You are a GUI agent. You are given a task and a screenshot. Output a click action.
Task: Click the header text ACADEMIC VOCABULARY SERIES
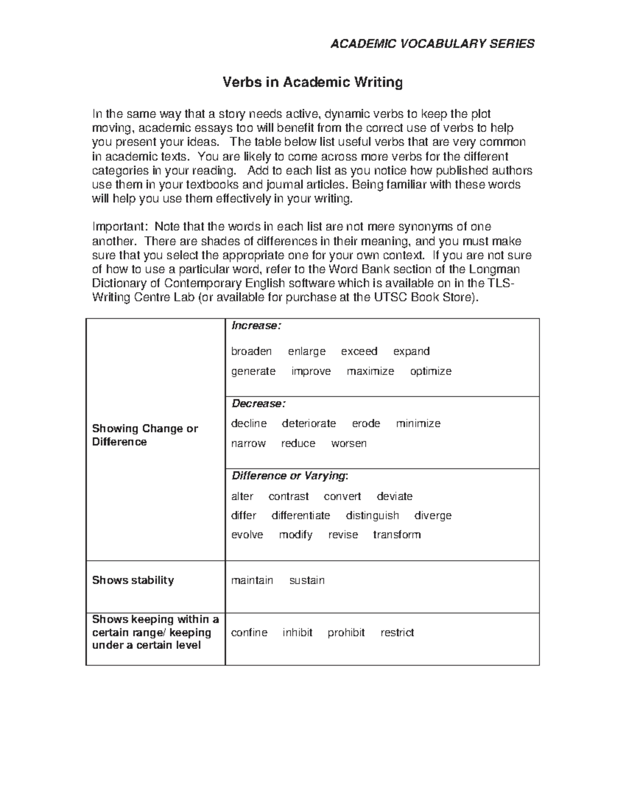tap(432, 44)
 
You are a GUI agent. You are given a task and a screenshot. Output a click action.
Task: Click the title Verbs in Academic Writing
tap(312, 82)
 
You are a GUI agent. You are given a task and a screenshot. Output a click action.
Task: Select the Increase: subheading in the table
tap(256, 326)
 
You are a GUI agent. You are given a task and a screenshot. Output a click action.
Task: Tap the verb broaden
tap(251, 352)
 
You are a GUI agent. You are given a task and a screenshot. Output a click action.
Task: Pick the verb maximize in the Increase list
tap(370, 371)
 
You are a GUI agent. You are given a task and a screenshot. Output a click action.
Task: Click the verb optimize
tap(430, 371)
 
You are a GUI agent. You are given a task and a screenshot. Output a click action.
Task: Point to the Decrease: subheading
tap(258, 404)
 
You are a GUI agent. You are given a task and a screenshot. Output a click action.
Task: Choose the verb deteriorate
tap(309, 424)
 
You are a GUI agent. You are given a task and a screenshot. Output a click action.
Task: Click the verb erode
tap(366, 424)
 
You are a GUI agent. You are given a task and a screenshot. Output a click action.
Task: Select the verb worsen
tap(348, 443)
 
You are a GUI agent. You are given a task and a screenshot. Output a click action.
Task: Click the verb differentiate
tap(300, 516)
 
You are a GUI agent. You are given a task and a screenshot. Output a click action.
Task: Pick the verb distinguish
tap(372, 516)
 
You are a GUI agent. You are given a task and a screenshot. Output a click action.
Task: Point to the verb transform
tap(396, 535)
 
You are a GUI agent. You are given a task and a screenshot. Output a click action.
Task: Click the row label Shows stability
tap(133, 581)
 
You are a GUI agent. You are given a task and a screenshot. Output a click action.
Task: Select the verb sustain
tap(307, 581)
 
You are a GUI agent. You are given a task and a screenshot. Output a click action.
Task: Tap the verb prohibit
tap(346, 633)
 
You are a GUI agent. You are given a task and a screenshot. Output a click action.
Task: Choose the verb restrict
tap(397, 633)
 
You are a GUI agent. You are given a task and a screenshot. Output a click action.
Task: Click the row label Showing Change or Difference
tap(145, 435)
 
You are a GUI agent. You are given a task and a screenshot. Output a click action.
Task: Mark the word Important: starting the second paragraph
tap(120, 227)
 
